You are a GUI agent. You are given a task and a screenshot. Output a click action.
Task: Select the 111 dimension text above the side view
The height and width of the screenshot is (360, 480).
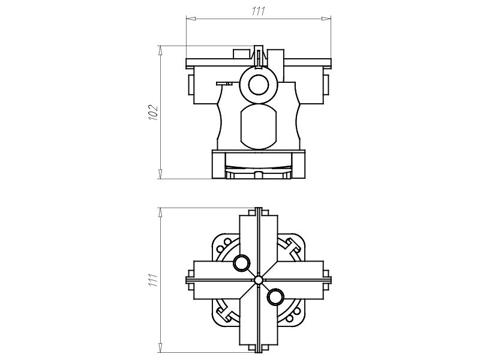point(259,11)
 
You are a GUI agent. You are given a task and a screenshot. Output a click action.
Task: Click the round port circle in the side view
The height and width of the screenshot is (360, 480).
point(259,85)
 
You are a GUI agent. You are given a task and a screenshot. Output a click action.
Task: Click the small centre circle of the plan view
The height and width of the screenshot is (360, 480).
point(259,280)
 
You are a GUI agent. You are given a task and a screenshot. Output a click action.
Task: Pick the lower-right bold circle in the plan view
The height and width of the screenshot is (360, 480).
point(275,296)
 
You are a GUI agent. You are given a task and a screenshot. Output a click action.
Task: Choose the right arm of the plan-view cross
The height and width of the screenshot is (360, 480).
point(303,280)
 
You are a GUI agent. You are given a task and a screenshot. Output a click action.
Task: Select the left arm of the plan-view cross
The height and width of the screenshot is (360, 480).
point(214,280)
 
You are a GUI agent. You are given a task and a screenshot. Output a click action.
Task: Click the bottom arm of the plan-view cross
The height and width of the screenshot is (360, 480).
point(259,324)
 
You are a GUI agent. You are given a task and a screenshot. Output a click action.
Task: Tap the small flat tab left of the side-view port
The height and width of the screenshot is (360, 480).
point(224,84)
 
